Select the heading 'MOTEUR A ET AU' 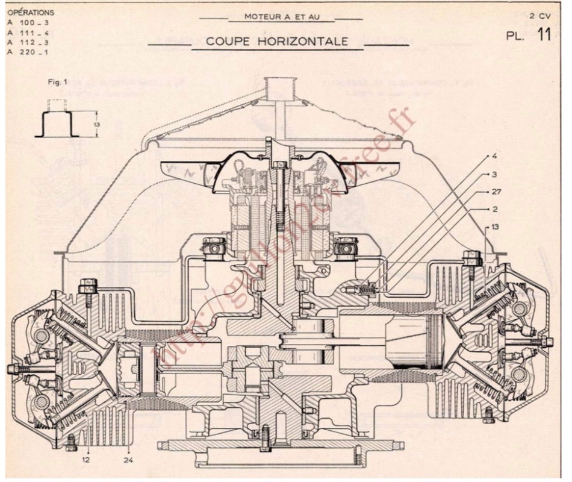click(x=281, y=16)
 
